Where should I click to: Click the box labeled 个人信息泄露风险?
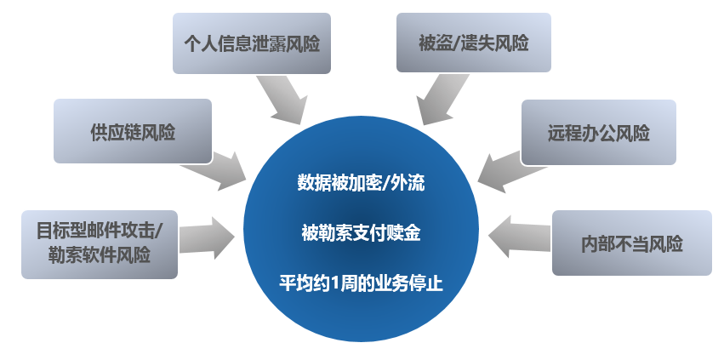252,43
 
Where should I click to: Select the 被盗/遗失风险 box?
474,43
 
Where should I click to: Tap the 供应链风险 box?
133,131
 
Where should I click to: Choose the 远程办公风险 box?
598,132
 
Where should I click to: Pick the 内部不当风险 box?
631,243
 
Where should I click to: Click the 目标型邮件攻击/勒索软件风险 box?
100,244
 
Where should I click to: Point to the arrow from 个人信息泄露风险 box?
282,100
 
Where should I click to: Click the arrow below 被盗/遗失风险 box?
442,99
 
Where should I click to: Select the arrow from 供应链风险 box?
214,170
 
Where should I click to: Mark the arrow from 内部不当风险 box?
519,236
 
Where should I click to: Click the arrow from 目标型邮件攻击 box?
207,237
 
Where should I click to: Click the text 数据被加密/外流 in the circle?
361,183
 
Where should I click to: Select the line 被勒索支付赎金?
361,232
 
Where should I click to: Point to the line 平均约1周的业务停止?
361,283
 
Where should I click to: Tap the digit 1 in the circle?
331,283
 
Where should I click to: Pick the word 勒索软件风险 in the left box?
100,255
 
